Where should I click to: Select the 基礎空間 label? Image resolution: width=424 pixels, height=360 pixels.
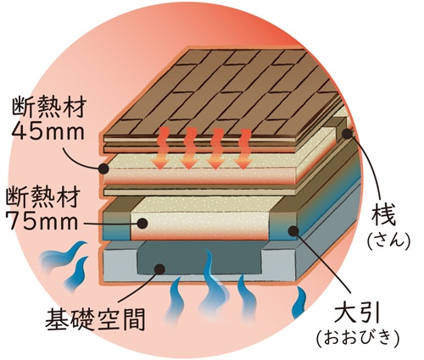pos(96,319)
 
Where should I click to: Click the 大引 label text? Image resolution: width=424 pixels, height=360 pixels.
pos(358,313)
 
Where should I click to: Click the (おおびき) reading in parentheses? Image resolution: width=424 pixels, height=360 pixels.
pos(358,338)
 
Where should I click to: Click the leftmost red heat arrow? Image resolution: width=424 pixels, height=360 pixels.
pos(160,148)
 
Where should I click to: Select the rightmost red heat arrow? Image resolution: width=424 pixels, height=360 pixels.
pos(243,149)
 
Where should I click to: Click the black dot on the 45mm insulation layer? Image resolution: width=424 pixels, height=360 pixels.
pos(103,169)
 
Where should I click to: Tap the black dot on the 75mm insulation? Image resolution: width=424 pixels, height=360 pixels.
pos(142,224)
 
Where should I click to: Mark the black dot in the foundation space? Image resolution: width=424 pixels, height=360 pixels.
pos(160,269)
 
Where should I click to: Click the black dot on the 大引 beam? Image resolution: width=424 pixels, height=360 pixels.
pos(293,231)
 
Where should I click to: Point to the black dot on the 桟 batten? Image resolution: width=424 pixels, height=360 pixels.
pos(348,133)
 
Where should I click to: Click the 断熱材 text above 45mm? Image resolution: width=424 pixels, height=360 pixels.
pos(48,108)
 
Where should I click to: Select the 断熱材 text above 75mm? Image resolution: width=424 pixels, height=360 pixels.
pos(43,197)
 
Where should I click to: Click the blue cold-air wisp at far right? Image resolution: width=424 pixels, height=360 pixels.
pos(300,302)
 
